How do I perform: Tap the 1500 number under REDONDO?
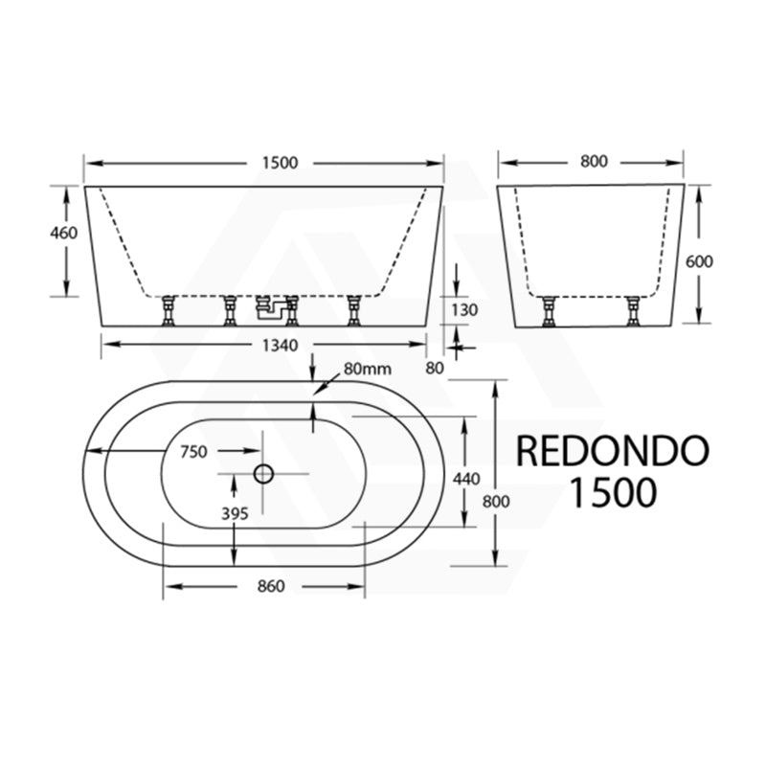[x=613, y=492]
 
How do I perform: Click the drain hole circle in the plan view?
[x=263, y=473]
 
